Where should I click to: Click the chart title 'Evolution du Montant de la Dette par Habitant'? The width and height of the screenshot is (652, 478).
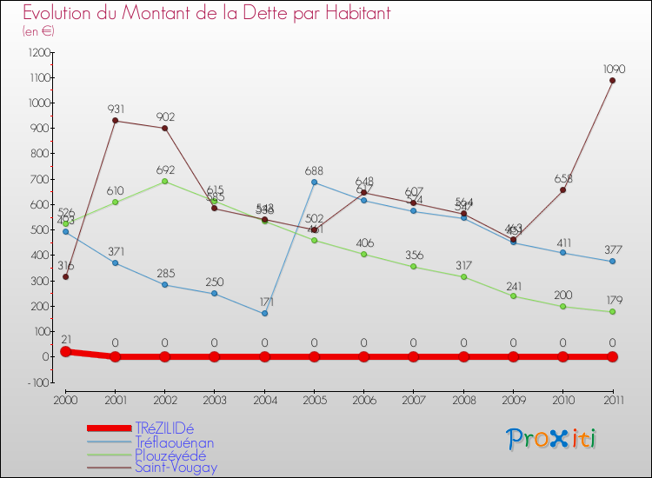point(206,13)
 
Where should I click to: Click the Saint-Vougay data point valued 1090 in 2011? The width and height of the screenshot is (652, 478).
point(612,81)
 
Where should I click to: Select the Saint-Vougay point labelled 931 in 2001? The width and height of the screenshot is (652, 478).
point(115,121)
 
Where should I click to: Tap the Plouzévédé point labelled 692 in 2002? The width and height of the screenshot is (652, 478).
point(164,181)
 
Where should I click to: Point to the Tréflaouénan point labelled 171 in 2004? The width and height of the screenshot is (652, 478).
point(264,313)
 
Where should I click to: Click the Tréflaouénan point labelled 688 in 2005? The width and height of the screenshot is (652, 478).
point(314,183)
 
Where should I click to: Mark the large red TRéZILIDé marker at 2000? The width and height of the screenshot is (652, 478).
point(65,351)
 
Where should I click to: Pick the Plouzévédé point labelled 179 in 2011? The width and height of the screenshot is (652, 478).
point(612,311)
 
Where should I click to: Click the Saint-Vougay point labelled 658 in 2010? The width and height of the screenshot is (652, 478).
point(562,189)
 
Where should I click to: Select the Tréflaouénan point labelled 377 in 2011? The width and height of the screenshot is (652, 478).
point(612,261)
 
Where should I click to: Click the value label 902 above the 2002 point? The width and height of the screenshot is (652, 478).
point(164,116)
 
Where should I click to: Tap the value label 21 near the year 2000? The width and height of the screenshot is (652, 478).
point(65,338)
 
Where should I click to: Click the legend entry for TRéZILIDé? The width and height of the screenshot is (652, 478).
point(164,428)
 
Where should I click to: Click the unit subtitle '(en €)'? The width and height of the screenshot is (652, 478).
point(38,31)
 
